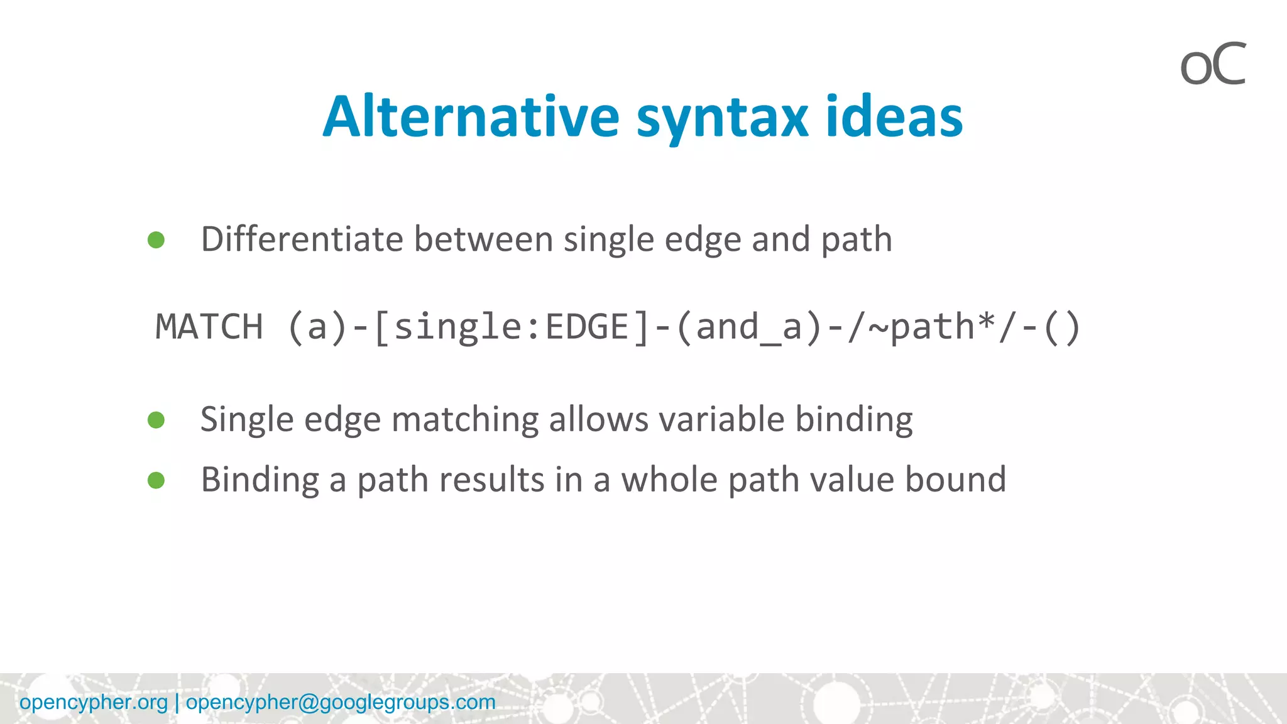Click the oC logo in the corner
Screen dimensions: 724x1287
[1212, 64]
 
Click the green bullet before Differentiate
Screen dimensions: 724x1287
[156, 239]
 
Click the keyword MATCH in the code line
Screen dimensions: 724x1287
[209, 327]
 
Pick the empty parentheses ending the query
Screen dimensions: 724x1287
[1061, 327]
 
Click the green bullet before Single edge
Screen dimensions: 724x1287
[156, 420]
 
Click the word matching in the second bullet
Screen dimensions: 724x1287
[464, 420]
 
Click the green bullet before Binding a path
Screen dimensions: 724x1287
[156, 480]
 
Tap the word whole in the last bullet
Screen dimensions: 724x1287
[669, 480]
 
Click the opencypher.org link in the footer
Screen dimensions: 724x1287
[94, 702]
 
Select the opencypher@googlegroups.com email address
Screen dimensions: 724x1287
[341, 702]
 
